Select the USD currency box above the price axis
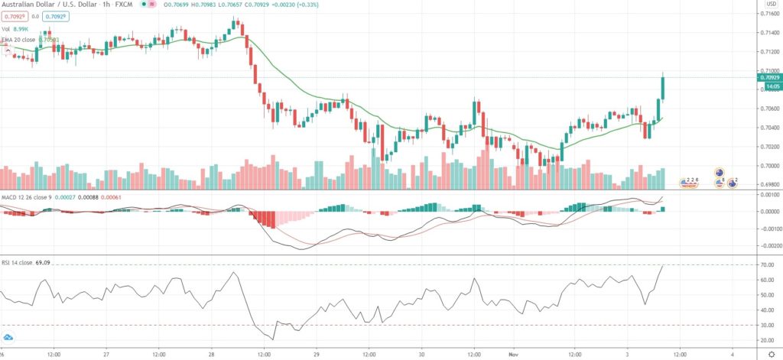point(771,4)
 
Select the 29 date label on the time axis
point(316,354)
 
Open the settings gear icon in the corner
point(771,354)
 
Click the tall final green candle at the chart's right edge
point(662,88)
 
